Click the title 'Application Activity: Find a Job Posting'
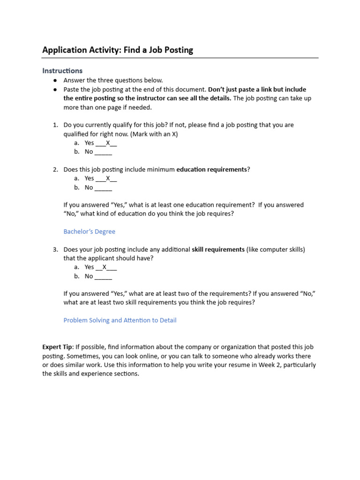point(118,50)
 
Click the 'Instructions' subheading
point(62,71)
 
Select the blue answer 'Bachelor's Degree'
point(89,232)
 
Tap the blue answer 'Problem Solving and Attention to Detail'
point(120,321)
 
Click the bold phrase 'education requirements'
point(211,169)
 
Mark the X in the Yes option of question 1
point(108,143)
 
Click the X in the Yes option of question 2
point(108,179)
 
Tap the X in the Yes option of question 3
point(105,267)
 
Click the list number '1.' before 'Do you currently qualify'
point(55,125)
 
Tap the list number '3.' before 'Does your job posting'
point(55,249)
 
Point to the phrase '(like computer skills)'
point(276,249)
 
